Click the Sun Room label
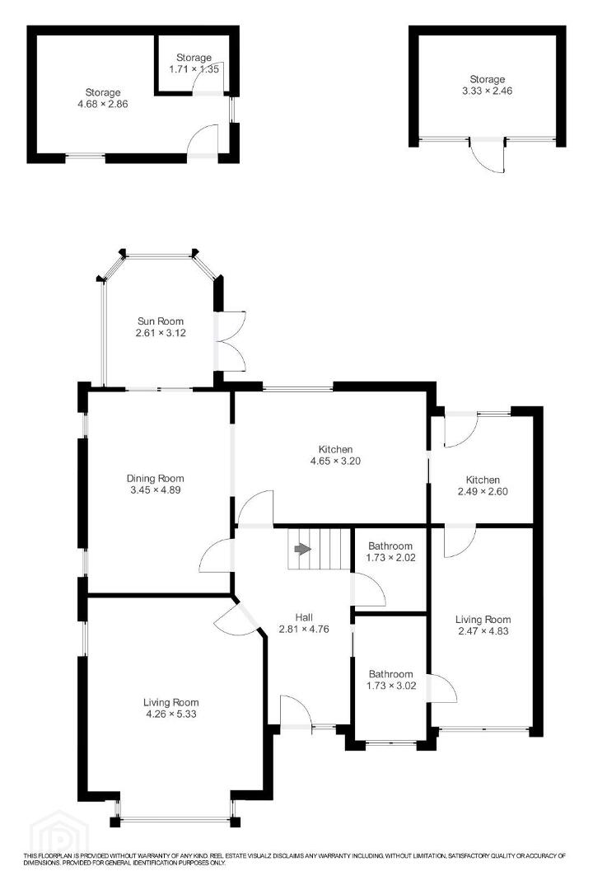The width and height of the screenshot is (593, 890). (161, 321)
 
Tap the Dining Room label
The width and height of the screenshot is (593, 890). (155, 479)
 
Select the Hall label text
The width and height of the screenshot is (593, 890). (304, 617)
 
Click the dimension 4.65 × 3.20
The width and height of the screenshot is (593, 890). (335, 461)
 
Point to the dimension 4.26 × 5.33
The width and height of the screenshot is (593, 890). (170, 714)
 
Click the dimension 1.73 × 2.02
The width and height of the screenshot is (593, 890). (390, 557)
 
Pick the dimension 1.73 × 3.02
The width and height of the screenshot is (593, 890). (391, 686)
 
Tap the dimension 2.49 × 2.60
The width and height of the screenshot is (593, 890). (483, 491)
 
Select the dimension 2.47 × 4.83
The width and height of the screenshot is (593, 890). (483, 630)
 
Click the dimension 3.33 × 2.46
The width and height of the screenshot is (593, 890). (487, 91)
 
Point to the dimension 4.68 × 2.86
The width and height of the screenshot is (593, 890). (103, 104)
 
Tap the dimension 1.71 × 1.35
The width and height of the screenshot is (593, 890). (194, 69)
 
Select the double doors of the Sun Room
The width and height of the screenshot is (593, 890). (231, 341)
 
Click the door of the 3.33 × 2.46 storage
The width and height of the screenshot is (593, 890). (488, 154)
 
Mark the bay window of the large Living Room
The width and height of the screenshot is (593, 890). (175, 818)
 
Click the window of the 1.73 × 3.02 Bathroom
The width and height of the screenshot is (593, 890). (390, 742)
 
